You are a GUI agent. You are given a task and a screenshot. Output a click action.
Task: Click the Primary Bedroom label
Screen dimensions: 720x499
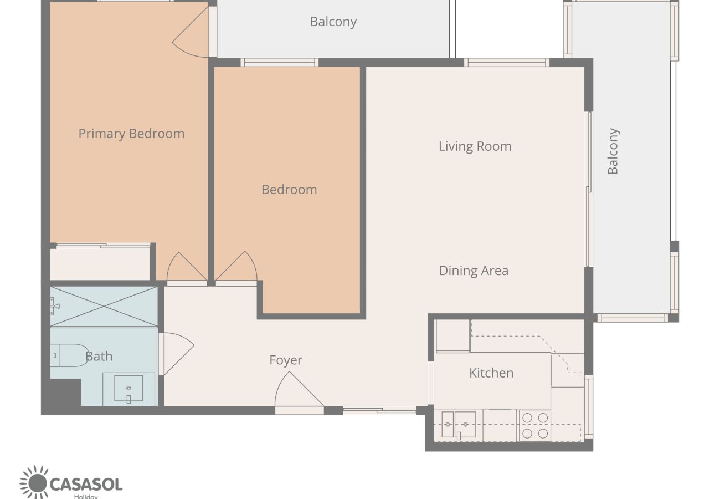pos(131,134)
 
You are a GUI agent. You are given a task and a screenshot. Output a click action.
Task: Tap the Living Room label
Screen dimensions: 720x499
pos(475,146)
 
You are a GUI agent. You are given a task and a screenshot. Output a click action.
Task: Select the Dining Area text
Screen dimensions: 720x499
pos(474,271)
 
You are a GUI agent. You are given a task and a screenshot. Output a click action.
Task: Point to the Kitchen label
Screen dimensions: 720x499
pos(491,373)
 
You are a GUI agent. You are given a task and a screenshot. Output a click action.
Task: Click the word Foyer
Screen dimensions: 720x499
pos(286,360)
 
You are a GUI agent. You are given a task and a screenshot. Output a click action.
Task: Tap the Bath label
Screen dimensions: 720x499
pos(99,357)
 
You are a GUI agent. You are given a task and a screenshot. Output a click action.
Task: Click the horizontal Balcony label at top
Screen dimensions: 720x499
pos(333,22)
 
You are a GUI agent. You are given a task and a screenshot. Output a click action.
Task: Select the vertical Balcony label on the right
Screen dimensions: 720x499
pos(613,151)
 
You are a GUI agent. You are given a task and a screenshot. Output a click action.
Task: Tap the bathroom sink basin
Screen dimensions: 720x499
pos(128,388)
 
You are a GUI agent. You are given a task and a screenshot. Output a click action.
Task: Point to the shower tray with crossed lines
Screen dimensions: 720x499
pos(104,307)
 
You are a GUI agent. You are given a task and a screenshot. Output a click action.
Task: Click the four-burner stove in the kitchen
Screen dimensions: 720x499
pos(535,426)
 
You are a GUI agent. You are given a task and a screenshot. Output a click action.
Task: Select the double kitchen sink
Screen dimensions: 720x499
pos(459,424)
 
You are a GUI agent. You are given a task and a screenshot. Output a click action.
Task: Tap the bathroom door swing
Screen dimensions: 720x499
pos(179,354)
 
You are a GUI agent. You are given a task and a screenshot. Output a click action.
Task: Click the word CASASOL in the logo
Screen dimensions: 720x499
pos(86,485)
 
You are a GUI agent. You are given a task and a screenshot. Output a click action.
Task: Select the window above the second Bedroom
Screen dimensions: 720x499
pos(279,63)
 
